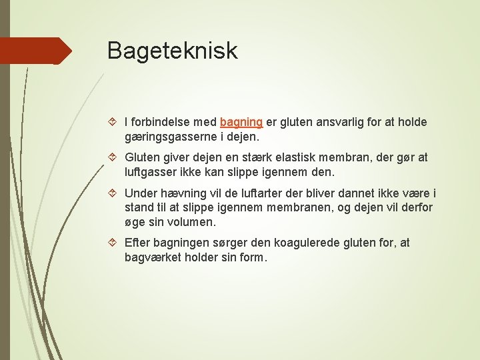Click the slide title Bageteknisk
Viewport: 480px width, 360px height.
tap(172, 51)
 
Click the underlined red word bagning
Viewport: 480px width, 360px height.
tap(241, 123)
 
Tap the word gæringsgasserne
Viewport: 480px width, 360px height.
tap(168, 137)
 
